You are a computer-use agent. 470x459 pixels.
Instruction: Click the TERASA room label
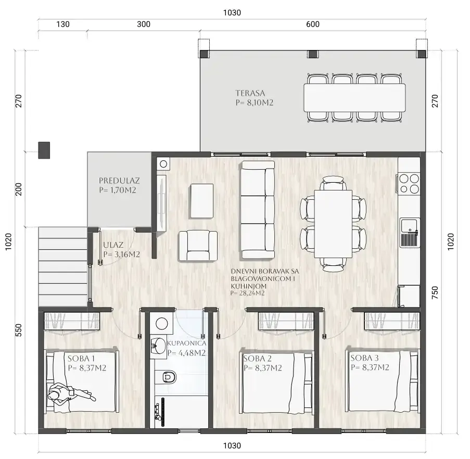(250, 93)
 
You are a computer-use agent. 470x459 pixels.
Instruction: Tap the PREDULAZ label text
(119, 181)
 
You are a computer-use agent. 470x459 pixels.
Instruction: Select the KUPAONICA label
(187, 343)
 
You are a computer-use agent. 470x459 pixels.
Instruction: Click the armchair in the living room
(198, 246)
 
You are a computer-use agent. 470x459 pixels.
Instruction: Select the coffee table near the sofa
(202, 201)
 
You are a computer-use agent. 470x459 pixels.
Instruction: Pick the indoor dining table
(333, 223)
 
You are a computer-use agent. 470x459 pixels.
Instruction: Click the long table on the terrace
(354, 98)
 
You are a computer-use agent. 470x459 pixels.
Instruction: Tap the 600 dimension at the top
(313, 24)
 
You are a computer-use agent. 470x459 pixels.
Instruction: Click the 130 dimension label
(63, 24)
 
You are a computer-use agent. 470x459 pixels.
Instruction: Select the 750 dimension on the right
(435, 292)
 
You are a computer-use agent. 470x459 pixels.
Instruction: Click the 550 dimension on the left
(19, 330)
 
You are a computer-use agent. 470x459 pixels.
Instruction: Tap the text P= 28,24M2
(248, 294)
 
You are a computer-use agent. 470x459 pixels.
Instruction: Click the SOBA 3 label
(364, 358)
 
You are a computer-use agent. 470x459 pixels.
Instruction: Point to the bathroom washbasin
(158, 348)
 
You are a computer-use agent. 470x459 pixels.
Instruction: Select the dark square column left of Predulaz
(44, 150)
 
